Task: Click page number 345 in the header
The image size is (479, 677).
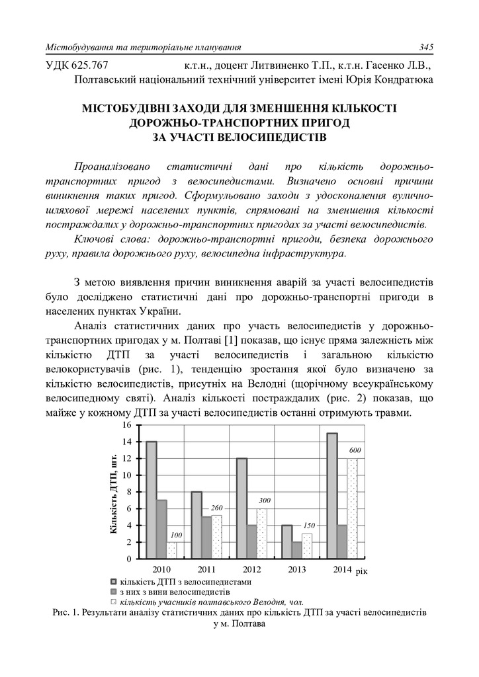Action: tap(425, 47)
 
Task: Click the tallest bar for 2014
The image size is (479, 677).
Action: tap(331, 496)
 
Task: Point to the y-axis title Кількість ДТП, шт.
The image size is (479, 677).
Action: tap(113, 493)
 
